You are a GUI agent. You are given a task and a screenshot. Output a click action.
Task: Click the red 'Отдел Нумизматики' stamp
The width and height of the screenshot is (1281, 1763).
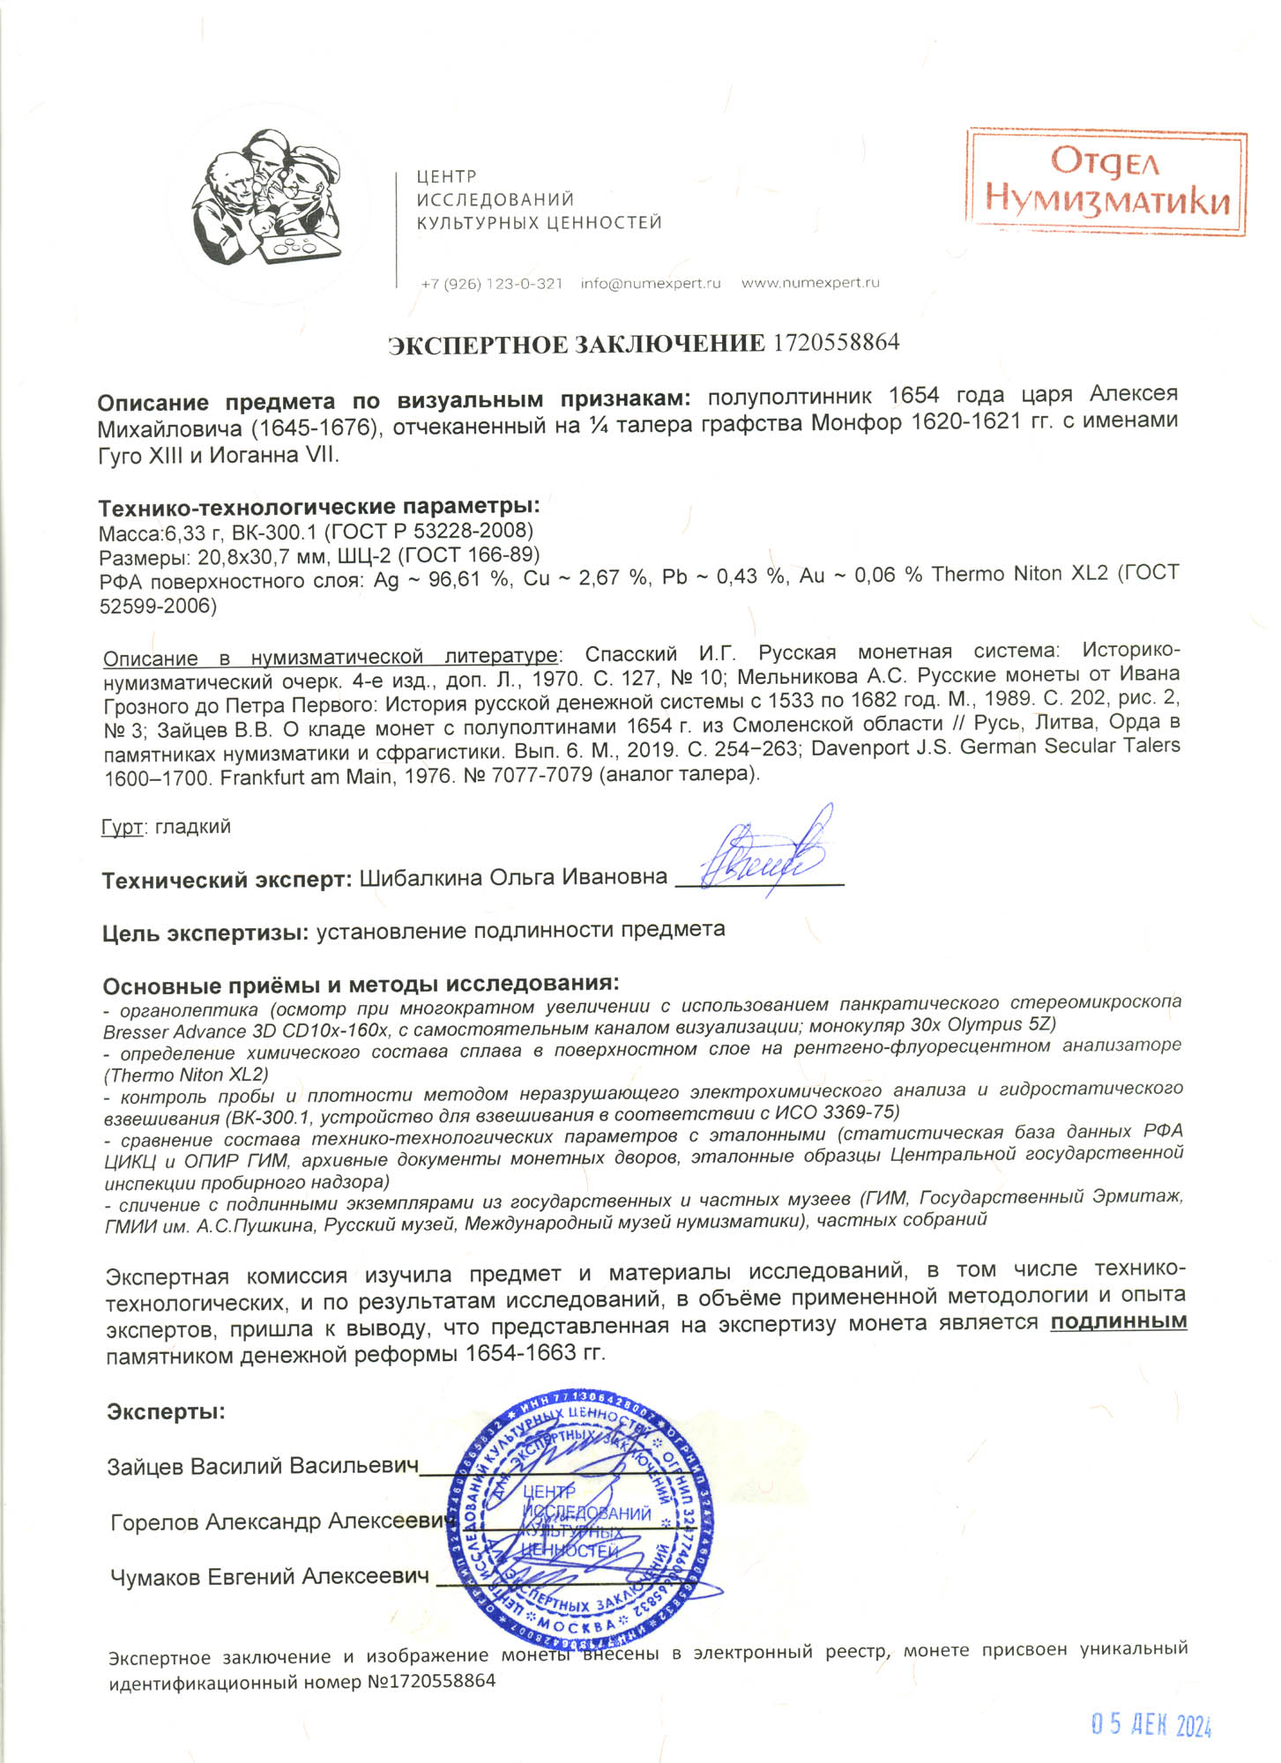pos(1106,182)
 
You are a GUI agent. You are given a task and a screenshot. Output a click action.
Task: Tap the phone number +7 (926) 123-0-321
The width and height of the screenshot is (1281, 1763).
pos(491,284)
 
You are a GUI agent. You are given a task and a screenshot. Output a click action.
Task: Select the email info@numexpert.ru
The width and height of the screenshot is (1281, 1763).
pos(651,284)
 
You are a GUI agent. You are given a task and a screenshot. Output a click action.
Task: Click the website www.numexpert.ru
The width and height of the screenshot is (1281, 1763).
pos(810,283)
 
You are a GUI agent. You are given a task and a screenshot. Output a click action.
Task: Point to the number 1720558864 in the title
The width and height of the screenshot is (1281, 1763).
pos(836,342)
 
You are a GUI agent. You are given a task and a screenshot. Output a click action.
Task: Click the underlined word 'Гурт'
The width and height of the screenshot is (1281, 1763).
pos(122,827)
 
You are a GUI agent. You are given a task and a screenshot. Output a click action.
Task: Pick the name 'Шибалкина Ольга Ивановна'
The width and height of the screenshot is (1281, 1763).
pos(513,878)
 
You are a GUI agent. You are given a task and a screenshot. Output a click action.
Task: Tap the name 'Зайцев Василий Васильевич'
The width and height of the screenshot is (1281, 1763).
pos(262,1467)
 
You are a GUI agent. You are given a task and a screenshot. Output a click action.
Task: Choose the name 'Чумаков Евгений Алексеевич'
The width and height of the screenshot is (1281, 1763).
pos(269,1577)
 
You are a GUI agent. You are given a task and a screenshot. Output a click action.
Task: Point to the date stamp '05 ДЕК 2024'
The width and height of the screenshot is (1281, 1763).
pos(1151,1725)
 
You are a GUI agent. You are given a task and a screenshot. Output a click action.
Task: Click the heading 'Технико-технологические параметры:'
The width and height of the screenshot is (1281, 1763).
pos(318,507)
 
